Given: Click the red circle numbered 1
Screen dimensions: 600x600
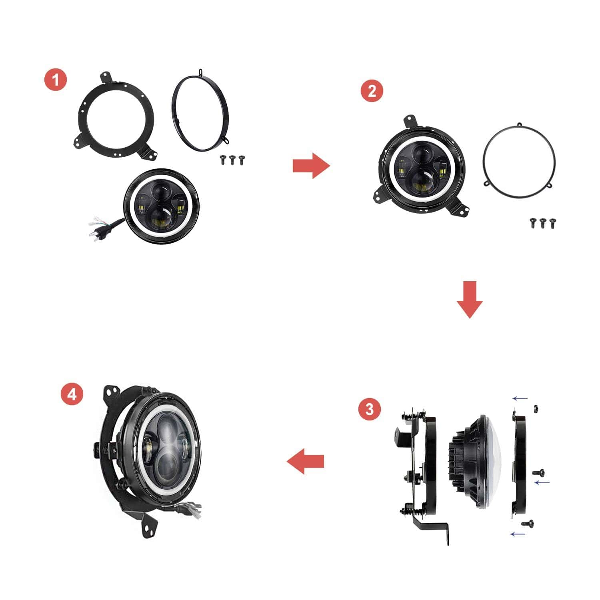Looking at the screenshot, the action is point(55,80).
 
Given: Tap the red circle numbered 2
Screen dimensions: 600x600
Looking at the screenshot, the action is point(372,91).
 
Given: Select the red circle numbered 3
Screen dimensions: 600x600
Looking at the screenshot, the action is point(369,409).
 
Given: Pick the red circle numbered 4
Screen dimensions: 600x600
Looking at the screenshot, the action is point(72,394).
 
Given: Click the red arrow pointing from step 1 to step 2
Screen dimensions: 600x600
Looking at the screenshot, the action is point(311,165).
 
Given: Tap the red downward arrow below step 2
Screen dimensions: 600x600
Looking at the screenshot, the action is point(470,300).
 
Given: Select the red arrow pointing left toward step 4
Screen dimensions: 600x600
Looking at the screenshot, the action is point(305,461).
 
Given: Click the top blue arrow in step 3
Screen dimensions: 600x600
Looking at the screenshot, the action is point(520,398).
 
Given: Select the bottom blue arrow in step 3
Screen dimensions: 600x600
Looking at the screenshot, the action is point(518,534).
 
